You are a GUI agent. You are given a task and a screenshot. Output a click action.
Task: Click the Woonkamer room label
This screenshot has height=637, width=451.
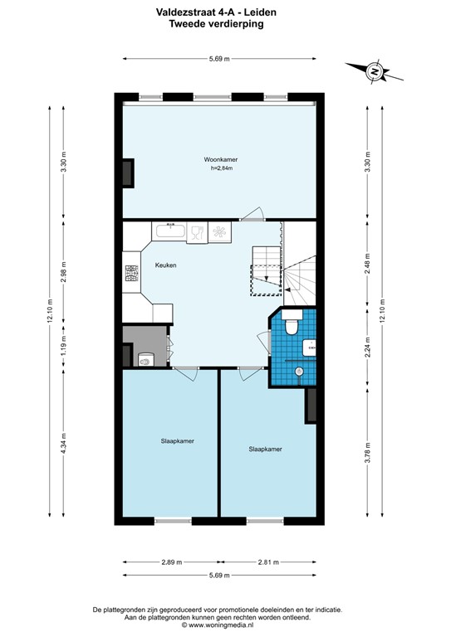pos(219,159)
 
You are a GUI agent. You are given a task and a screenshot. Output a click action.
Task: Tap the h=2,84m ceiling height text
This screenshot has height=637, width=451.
pos(222,168)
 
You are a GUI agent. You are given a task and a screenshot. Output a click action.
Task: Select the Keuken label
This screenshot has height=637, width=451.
pos(164,265)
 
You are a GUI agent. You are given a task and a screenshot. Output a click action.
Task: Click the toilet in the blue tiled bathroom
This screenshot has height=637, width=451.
pos(292,327)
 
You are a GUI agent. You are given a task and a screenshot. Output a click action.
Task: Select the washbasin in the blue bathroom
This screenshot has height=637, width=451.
pos(310,349)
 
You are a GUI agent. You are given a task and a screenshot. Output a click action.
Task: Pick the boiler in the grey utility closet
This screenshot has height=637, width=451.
pos(146,359)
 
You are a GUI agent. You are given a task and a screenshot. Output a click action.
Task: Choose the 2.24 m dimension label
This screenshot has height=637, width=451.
pos(367,349)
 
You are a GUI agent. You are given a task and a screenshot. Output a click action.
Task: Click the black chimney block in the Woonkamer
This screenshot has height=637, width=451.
pos(128,173)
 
